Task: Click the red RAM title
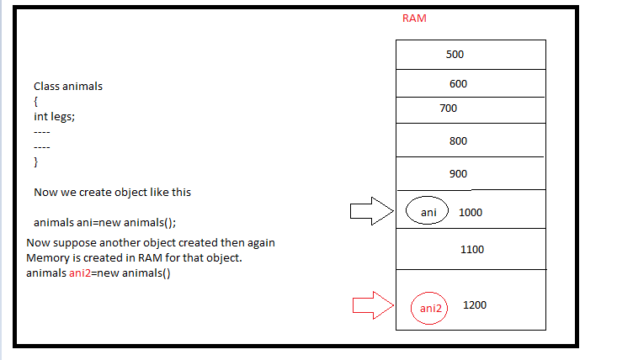414,19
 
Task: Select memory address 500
455,54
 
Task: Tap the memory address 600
458,84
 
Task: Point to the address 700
449,109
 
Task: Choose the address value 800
458,141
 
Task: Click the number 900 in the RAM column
458,174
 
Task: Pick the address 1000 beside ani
471,213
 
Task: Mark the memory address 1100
473,250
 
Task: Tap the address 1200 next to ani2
475,305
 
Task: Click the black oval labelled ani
428,213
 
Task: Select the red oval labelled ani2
431,308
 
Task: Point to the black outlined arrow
371,213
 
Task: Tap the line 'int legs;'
54,117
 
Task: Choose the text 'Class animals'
68,87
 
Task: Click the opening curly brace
35,102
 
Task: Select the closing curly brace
35,161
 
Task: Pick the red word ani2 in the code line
82,273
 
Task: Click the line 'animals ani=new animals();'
104,223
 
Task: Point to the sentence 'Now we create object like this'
112,192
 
